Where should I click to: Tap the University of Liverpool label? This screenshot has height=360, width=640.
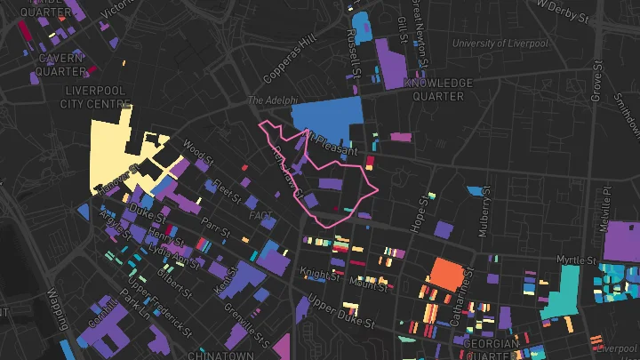pos(500,43)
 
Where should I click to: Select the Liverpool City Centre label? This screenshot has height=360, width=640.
pos(96,98)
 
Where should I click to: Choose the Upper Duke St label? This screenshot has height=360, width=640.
pos(337,308)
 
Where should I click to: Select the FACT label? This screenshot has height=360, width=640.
pos(261,215)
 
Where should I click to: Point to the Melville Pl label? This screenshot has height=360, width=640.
pos(606,204)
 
